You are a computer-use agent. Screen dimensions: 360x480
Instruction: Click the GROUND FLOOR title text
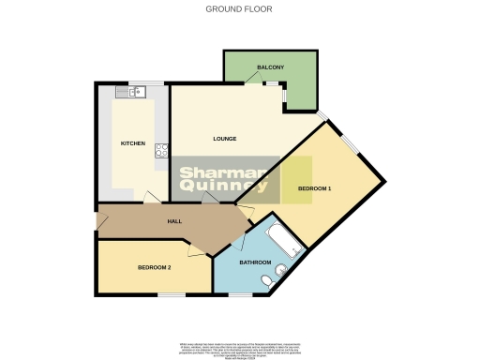coord(239,9)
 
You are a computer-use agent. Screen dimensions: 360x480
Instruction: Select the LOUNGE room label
coord(224,139)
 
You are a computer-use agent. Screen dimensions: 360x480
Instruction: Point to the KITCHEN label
coord(133,143)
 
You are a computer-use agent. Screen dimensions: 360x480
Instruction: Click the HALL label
coord(174,221)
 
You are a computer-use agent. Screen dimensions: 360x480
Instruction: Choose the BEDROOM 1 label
coord(314,188)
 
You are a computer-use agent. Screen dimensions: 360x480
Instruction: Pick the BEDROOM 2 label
coord(154,267)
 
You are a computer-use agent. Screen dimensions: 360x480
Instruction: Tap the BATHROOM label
coord(256,262)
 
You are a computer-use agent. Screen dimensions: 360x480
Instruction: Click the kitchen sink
coord(134,91)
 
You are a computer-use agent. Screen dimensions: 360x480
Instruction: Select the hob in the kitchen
coord(161,149)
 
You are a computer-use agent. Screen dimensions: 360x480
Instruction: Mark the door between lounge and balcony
coord(254,83)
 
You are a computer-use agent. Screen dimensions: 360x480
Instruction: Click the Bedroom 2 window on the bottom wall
coord(171,294)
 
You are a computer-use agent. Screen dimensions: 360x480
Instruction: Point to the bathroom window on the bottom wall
coord(240,294)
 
